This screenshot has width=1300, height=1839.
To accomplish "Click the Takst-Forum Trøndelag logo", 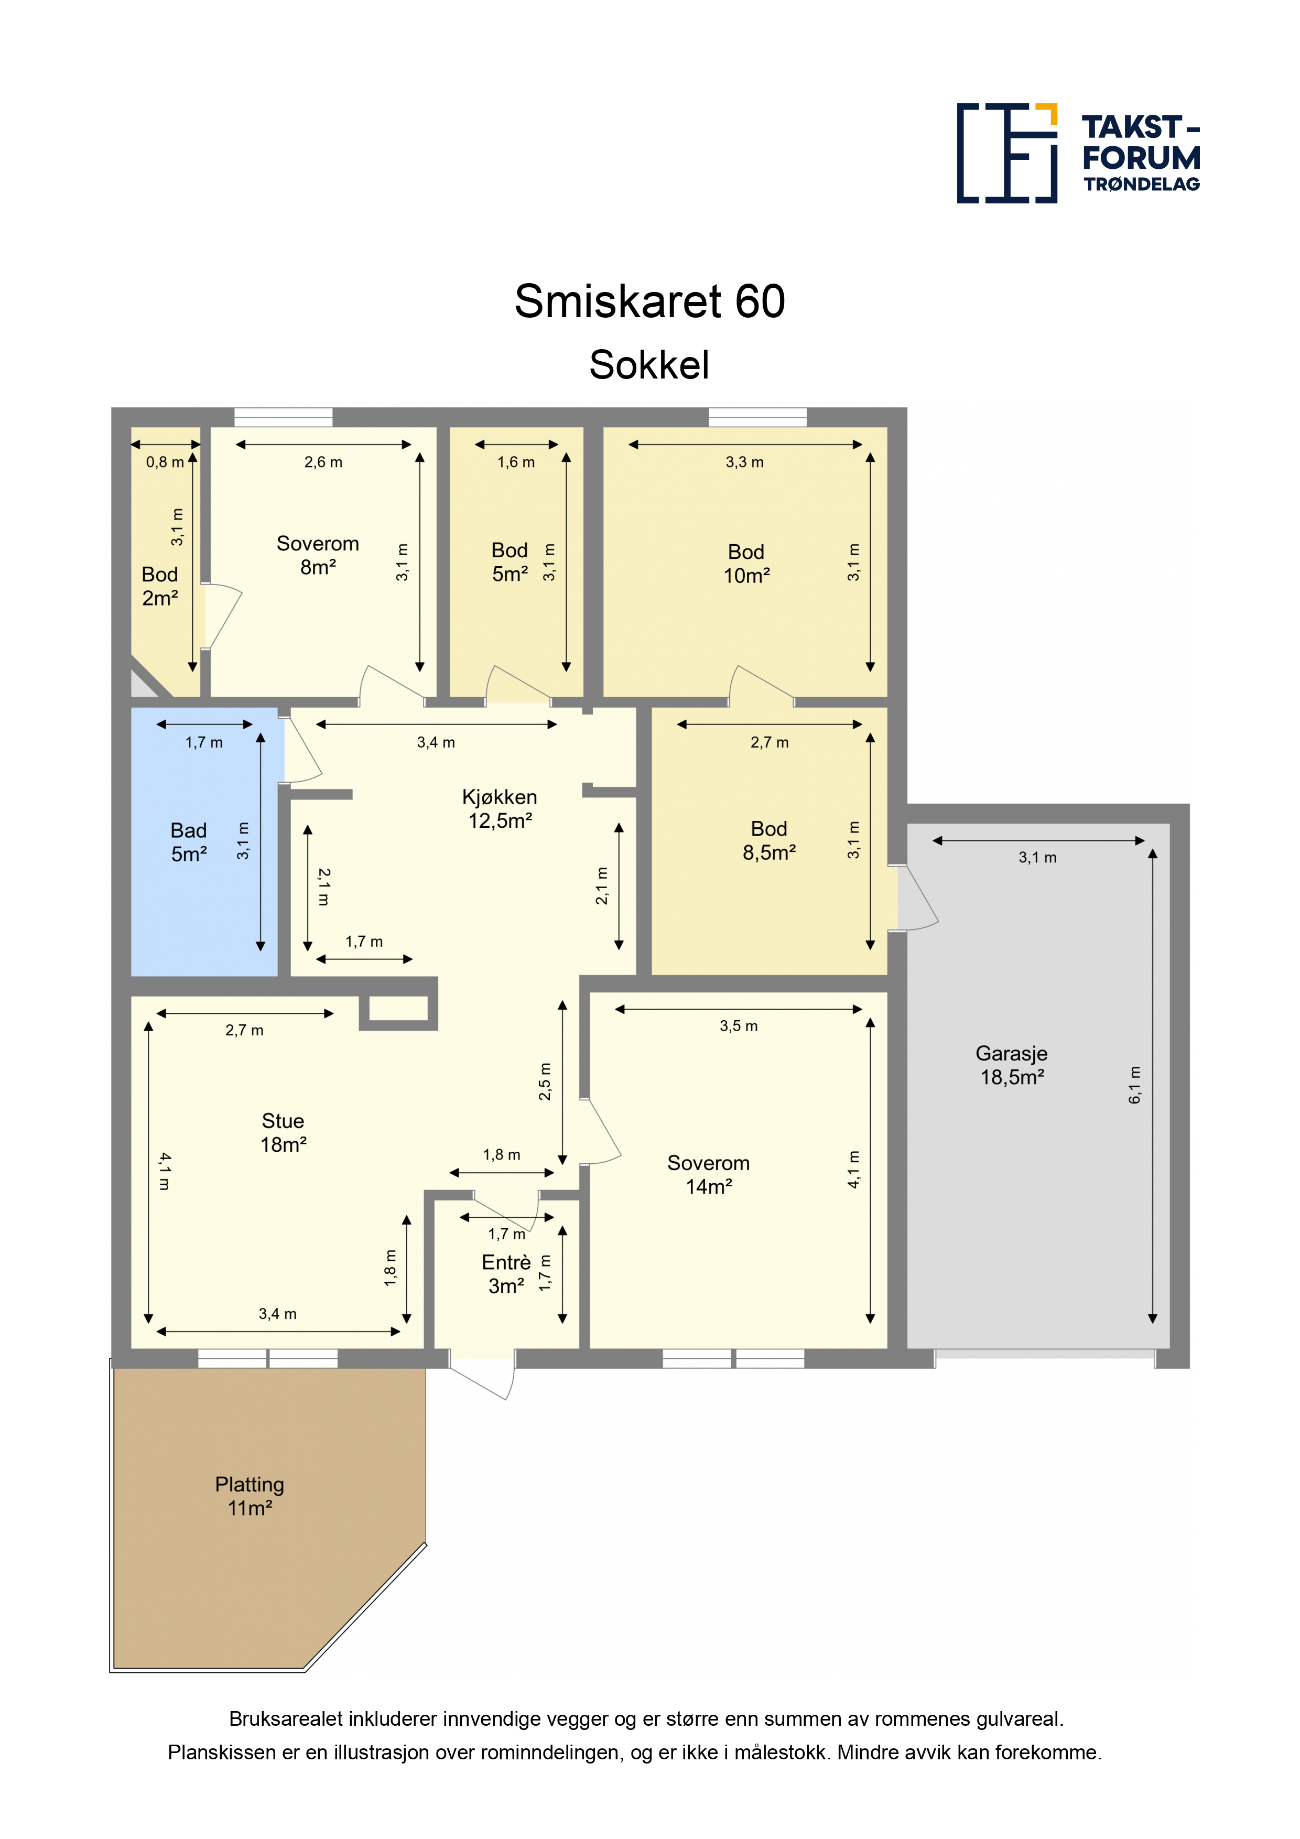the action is coord(1078,153).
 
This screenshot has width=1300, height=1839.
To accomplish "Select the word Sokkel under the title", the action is coord(649,365).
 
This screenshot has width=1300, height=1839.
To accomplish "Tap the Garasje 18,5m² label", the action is coord(1012,1065).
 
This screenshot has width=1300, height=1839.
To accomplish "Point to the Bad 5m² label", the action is coord(189,842).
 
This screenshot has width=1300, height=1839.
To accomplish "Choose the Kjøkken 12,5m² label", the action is coord(500,809).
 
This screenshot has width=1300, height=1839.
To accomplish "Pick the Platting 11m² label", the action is coord(250,1496).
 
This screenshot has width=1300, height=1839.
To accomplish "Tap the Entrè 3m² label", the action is coord(506,1274).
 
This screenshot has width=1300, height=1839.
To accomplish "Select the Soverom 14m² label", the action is coord(709,1174).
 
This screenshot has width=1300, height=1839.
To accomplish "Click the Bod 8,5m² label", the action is coord(769,840).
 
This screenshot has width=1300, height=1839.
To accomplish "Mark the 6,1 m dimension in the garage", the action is coord(1135,1085).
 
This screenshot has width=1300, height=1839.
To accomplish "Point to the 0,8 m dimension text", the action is coord(165,462).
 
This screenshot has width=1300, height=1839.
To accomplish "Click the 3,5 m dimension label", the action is coord(739,1026).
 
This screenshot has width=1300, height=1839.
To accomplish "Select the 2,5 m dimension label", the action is coord(545,1081).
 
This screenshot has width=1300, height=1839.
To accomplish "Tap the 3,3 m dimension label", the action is coord(745,462).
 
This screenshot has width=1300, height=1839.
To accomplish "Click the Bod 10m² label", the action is coord(746,564).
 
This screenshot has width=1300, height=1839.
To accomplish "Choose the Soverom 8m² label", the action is coord(318,555).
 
